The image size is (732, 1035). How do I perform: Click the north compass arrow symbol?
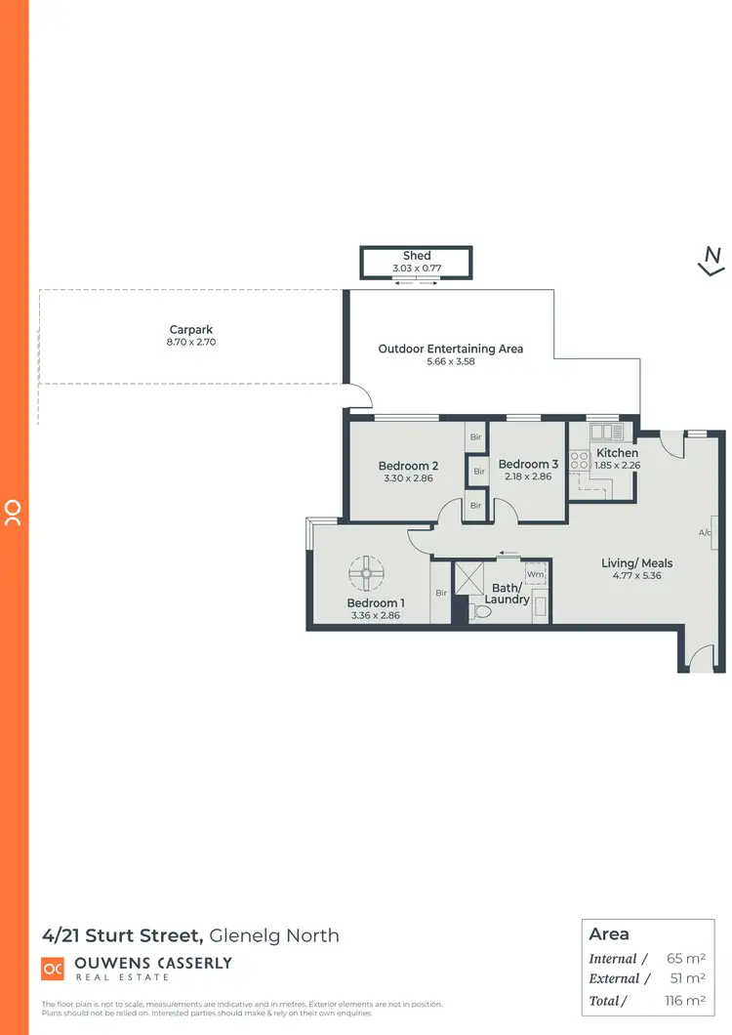coord(712,260)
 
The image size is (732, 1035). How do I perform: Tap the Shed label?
coord(417,256)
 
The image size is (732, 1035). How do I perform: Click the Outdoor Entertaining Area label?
coord(451,349)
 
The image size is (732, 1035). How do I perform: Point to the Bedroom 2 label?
coord(408,466)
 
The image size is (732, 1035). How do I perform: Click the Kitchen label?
coord(617,453)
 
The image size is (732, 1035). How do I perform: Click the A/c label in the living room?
coord(705,533)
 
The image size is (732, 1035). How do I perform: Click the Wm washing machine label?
coord(536,575)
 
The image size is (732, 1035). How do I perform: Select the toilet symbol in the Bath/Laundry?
coord(479,611)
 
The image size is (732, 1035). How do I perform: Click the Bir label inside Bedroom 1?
coord(441,593)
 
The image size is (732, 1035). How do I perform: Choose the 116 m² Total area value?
coord(683,1000)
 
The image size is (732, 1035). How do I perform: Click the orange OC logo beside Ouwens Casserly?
coord(53,968)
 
